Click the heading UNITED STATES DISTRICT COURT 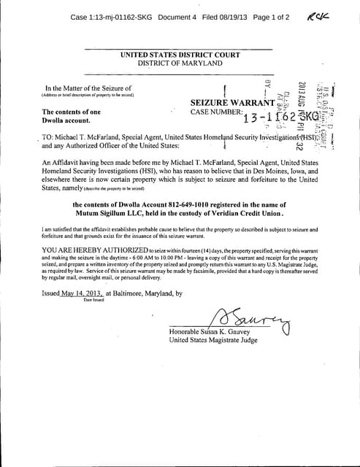[x=180, y=55]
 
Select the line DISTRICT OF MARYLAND [x=180, y=63]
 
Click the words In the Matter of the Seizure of [x=88, y=88]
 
